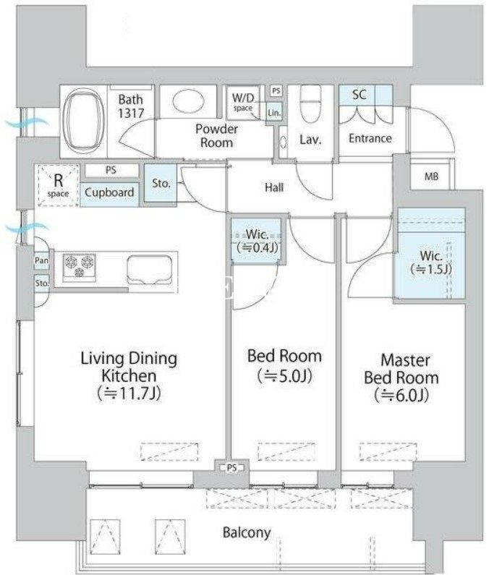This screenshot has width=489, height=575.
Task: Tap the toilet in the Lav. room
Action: [310, 103]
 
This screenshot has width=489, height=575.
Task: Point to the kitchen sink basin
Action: [149, 270]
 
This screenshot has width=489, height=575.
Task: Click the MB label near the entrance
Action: [431, 176]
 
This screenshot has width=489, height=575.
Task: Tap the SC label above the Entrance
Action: [359, 95]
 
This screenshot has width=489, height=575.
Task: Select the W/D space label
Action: [243, 101]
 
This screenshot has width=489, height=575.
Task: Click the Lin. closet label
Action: [274, 113]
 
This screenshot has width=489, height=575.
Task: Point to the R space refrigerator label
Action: [58, 185]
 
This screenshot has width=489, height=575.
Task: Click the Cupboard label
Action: [109, 192]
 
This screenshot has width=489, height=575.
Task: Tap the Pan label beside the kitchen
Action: [41, 260]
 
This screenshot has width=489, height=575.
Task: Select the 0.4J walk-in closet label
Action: [257, 241]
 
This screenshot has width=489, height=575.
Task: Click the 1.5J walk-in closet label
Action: [431, 263]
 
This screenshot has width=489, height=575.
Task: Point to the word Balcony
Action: [247, 532]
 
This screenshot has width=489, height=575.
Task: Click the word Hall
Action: [274, 187]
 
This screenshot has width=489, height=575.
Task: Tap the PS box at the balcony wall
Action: [231, 468]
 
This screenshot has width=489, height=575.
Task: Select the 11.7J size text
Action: [129, 393]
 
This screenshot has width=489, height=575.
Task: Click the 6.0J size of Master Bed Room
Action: [401, 395]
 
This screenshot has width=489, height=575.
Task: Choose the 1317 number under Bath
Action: [131, 113]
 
